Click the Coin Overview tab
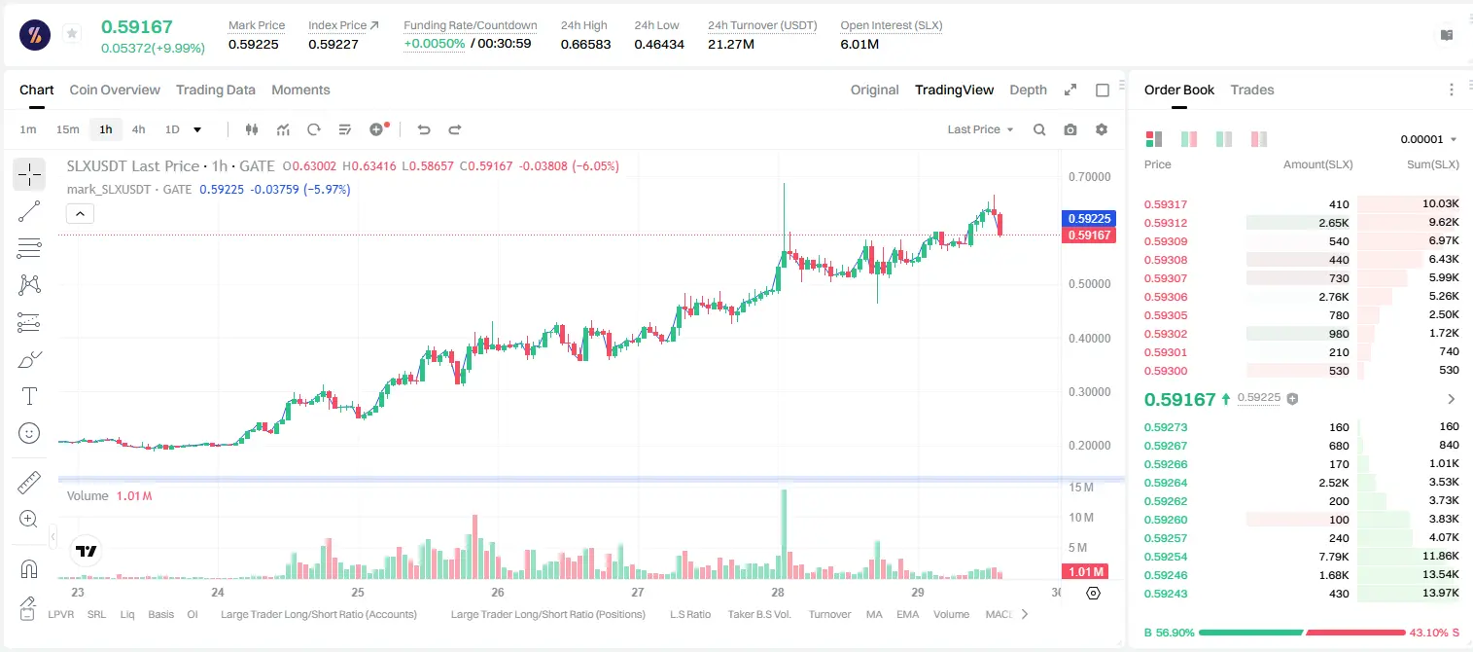pos(115,90)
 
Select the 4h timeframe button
pos(138,129)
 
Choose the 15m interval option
pos(68,129)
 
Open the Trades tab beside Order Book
pos(1252,90)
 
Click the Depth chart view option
pos(1028,90)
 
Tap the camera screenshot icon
pos(1070,129)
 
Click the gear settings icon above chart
pos(1102,129)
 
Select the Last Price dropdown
pos(980,129)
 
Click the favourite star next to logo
pos(72,33)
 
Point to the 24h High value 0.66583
pos(585,44)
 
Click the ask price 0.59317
pos(1165,204)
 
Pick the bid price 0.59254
pos(1165,557)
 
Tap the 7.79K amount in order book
pos(1334,557)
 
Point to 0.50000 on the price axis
pos(1089,283)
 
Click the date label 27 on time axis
pos(637,592)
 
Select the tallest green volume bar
pos(784,534)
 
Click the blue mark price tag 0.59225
pos(1089,218)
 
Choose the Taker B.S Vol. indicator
pos(758,614)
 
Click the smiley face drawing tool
pos(29,433)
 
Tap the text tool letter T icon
pos(29,396)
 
